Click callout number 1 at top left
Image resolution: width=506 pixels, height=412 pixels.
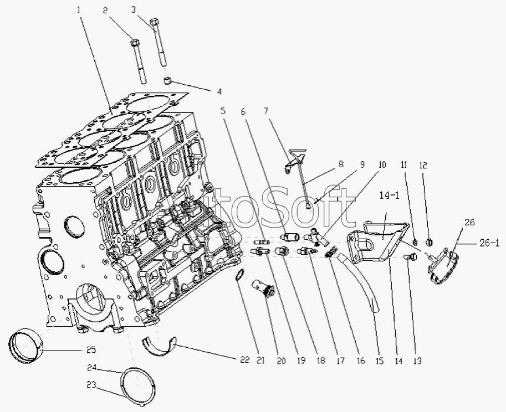tap(78, 11)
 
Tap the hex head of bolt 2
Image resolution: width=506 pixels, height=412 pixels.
tap(135, 43)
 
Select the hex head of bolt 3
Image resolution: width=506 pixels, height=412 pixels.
tap(154, 22)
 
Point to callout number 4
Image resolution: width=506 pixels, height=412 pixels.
tap(219, 92)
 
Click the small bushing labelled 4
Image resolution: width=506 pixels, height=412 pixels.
tap(167, 80)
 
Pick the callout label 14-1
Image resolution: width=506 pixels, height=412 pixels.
tap(390, 196)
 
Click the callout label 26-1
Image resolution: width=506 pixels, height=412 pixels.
tap(489, 243)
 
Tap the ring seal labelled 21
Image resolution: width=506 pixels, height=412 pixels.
tap(238, 275)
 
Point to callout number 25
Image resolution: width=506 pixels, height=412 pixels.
tap(91, 350)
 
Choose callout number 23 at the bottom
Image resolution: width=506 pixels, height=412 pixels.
tap(91, 385)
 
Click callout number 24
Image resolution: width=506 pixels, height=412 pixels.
tap(92, 367)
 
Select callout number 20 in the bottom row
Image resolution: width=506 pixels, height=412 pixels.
tap(281, 360)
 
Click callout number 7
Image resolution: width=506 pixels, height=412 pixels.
tap(265, 111)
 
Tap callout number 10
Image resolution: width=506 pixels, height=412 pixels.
tap(382, 164)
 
